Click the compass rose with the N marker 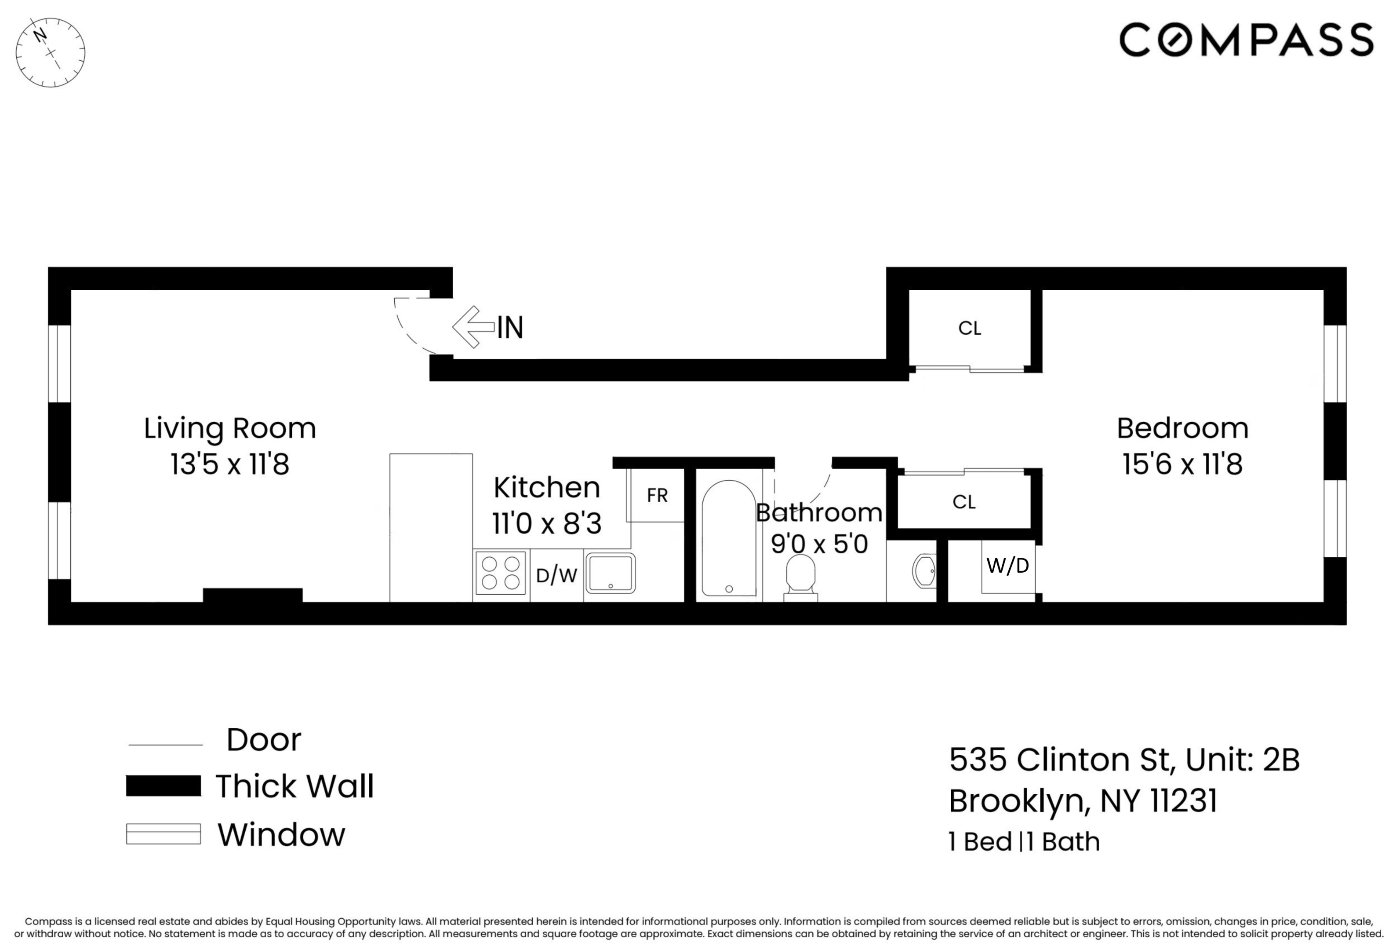[x=51, y=52]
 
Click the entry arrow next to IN [x=473, y=327]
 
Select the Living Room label [x=229, y=428]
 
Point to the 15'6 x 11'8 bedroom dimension [x=1182, y=464]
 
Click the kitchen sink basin [x=610, y=573]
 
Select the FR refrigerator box [x=657, y=496]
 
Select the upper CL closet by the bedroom [x=970, y=329]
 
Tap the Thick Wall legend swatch [x=164, y=786]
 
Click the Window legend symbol [x=164, y=834]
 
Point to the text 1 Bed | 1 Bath [x=1024, y=842]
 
